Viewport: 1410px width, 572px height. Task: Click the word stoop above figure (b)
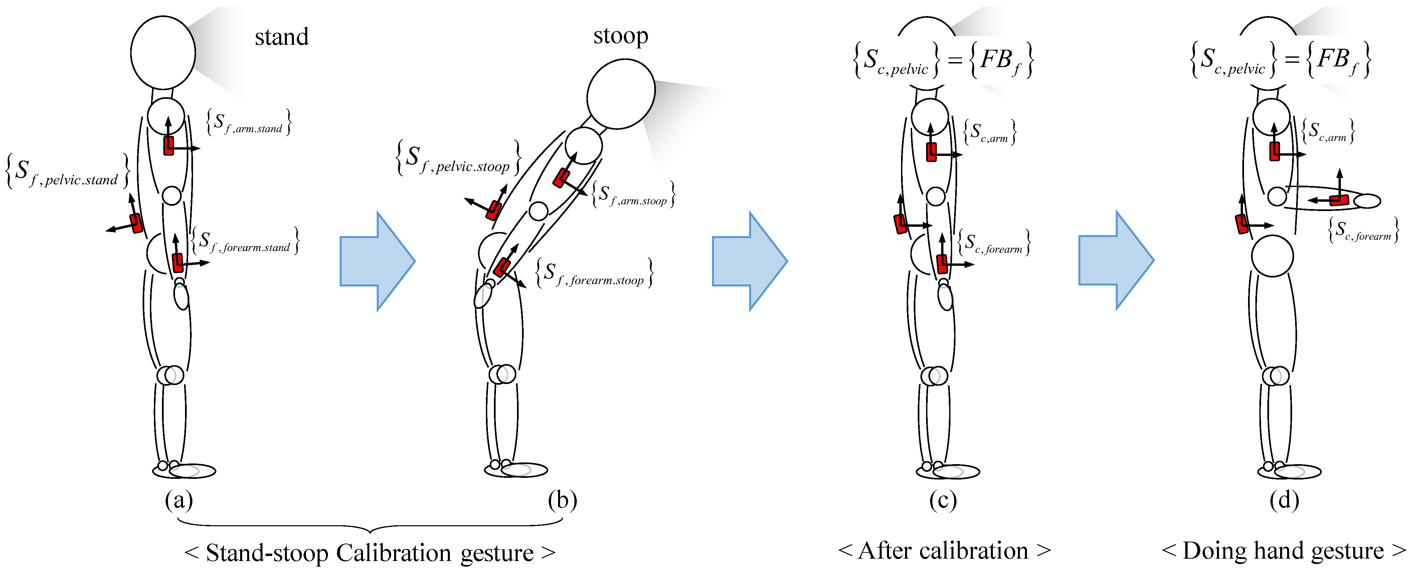click(x=621, y=36)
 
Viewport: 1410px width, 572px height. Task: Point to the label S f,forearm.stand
click(x=245, y=241)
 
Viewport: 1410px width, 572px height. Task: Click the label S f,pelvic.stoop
click(x=458, y=159)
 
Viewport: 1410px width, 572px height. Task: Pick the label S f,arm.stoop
click(x=633, y=194)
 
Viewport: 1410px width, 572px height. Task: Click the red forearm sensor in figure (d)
click(x=1339, y=200)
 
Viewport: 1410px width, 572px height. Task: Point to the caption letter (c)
click(x=942, y=500)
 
